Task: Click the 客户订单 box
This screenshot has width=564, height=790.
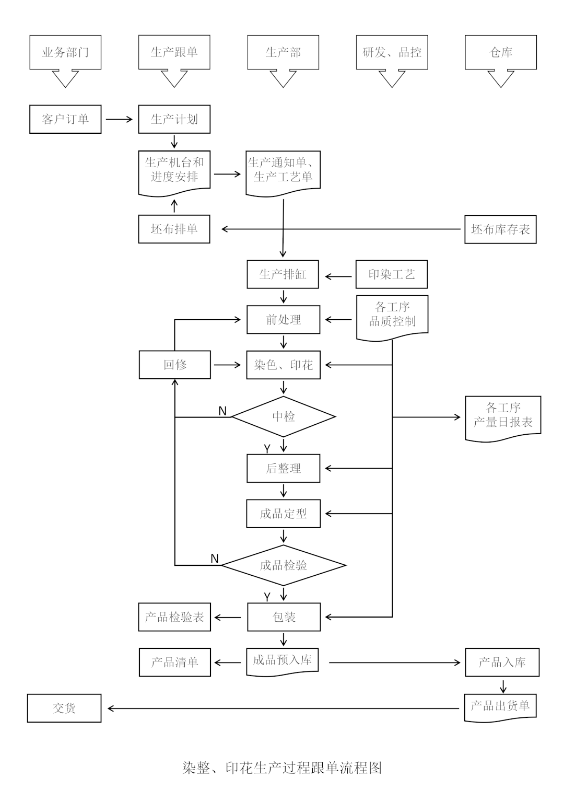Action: tap(65, 119)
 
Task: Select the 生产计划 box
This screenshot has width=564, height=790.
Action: tap(174, 119)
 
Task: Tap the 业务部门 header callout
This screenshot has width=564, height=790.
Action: tap(65, 52)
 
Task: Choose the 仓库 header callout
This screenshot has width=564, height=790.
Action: tap(501, 52)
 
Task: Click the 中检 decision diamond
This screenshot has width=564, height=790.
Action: tap(284, 416)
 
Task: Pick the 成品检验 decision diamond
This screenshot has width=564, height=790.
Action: tap(284, 565)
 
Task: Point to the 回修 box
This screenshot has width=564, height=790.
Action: tap(175, 365)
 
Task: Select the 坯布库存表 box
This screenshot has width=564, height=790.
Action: tap(500, 229)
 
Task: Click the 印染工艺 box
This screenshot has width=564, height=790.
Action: tap(392, 274)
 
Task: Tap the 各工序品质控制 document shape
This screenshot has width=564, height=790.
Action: tap(392, 315)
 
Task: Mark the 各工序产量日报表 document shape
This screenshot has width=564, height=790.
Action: tap(503, 416)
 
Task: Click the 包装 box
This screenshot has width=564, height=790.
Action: tap(284, 617)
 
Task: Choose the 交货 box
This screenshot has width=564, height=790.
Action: tap(64, 708)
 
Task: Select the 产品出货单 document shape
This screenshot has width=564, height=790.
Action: tap(500, 706)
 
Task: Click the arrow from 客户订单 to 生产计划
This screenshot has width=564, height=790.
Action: tap(120, 119)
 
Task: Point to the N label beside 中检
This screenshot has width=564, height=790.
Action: tap(222, 411)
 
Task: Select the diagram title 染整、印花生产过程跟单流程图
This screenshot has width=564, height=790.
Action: tap(282, 768)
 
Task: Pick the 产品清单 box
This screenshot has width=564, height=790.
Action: tap(175, 663)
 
